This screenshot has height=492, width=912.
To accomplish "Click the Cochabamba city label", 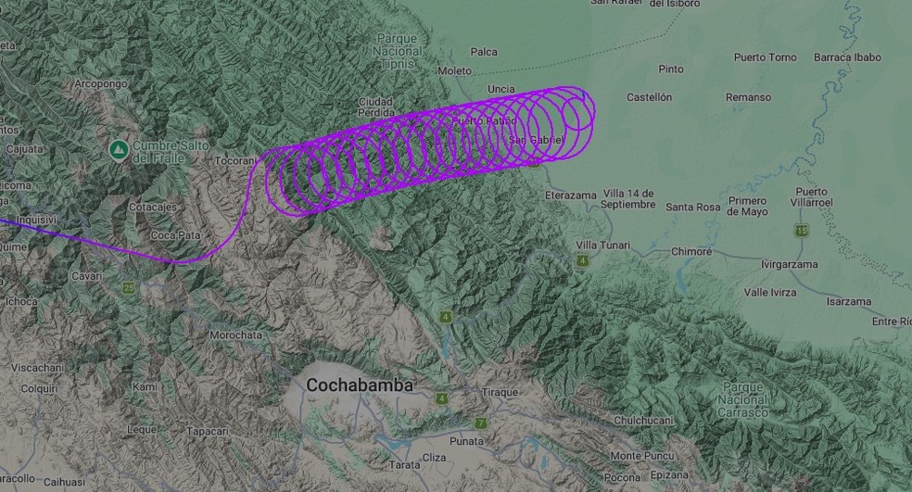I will (x=360, y=385).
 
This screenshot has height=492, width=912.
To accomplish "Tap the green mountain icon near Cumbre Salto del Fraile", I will (x=119, y=148).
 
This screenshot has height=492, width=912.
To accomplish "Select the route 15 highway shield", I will (x=800, y=229).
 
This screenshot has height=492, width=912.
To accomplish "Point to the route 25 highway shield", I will (x=128, y=289).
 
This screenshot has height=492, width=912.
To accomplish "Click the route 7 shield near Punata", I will (x=480, y=423).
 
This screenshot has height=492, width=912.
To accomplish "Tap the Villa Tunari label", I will (x=602, y=246).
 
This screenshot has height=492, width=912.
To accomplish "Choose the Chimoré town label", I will (x=690, y=251).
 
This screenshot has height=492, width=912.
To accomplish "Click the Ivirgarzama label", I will (x=789, y=264).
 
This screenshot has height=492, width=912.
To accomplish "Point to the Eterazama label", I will (x=570, y=196).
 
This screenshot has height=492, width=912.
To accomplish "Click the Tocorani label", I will (x=234, y=160).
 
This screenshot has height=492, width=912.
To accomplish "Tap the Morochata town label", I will (x=236, y=334).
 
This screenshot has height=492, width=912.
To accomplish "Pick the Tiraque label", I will (x=500, y=392).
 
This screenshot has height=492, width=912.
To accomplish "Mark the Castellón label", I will (x=648, y=96).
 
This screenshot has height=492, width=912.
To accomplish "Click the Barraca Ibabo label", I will (x=847, y=57).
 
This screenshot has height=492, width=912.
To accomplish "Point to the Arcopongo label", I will (x=100, y=82).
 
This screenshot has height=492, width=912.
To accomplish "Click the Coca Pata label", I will (x=176, y=235).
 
